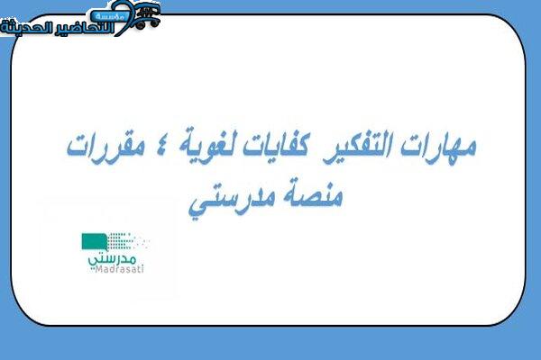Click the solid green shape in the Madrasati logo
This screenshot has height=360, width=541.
click(x=94, y=241)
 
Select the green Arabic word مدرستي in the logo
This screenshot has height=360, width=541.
click(x=112, y=259)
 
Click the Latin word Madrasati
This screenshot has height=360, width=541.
click(x=119, y=269)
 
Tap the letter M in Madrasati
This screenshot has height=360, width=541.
click(x=98, y=269)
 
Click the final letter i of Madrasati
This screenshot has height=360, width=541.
click(x=142, y=269)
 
